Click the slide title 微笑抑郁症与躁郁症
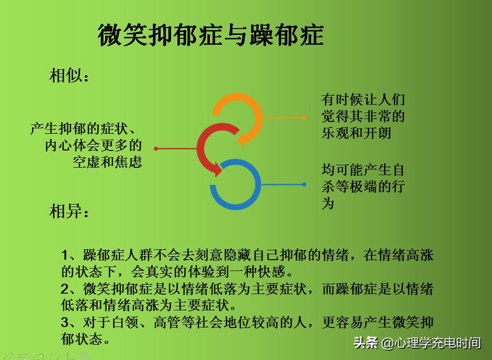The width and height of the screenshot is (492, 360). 210,35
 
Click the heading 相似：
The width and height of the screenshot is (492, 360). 69,76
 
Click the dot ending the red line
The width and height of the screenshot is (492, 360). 156,148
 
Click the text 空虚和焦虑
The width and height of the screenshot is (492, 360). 108,162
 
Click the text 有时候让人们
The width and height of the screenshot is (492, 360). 363,99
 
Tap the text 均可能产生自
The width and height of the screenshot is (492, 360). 363,170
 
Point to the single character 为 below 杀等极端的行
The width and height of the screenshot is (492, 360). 328,203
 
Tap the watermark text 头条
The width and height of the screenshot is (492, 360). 366,343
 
